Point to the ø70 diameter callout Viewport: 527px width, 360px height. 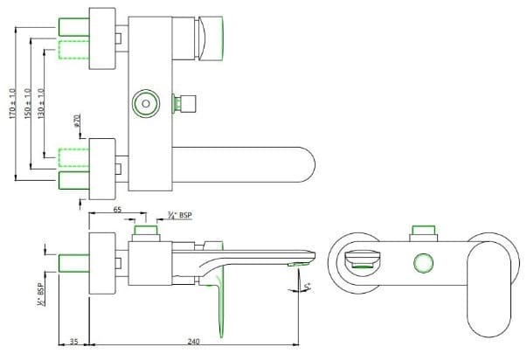78,121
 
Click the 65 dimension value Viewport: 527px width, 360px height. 116,211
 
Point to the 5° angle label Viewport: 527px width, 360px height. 307,287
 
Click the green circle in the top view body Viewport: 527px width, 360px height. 144,104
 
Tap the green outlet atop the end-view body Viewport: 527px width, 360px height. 424,231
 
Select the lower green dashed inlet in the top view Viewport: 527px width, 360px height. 73,158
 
